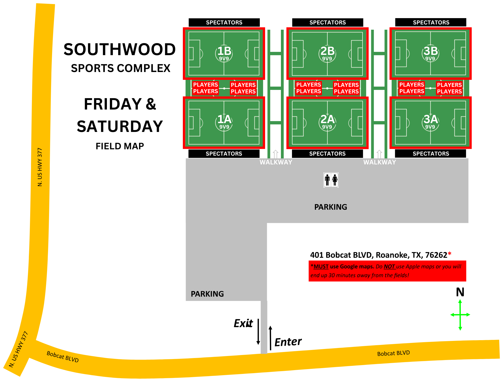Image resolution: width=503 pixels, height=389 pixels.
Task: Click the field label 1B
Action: [x=224, y=51]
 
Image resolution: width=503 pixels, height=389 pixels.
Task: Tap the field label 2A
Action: [x=327, y=119]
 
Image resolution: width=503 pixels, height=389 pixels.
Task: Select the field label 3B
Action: [x=431, y=51]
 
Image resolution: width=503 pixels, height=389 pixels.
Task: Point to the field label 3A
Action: [x=431, y=119]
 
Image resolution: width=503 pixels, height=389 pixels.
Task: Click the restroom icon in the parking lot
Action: [x=331, y=180]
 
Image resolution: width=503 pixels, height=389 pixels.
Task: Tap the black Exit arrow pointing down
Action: [x=258, y=332]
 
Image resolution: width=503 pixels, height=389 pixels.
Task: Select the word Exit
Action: [x=243, y=323]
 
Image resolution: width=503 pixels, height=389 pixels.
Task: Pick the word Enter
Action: [x=288, y=342]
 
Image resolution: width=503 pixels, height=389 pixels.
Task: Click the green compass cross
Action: [x=460, y=315]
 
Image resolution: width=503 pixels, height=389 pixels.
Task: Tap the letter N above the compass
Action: [x=460, y=292]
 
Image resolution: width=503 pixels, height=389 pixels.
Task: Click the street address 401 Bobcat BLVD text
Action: [x=379, y=255]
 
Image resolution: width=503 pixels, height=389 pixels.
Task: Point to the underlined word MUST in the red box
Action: [x=321, y=267]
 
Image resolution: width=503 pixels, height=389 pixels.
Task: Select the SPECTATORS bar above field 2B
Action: [x=327, y=22]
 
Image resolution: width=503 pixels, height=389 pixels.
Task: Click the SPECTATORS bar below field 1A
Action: [x=224, y=154]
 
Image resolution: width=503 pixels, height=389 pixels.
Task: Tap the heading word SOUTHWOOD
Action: [x=119, y=50]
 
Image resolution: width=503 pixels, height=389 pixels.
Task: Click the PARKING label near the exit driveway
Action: [x=207, y=294]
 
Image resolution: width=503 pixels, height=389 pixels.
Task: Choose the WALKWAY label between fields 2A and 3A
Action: [x=380, y=162]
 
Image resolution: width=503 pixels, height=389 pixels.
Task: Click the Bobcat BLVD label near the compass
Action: [x=393, y=353]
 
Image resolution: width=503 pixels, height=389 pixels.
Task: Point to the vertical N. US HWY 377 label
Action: [x=40, y=167]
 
